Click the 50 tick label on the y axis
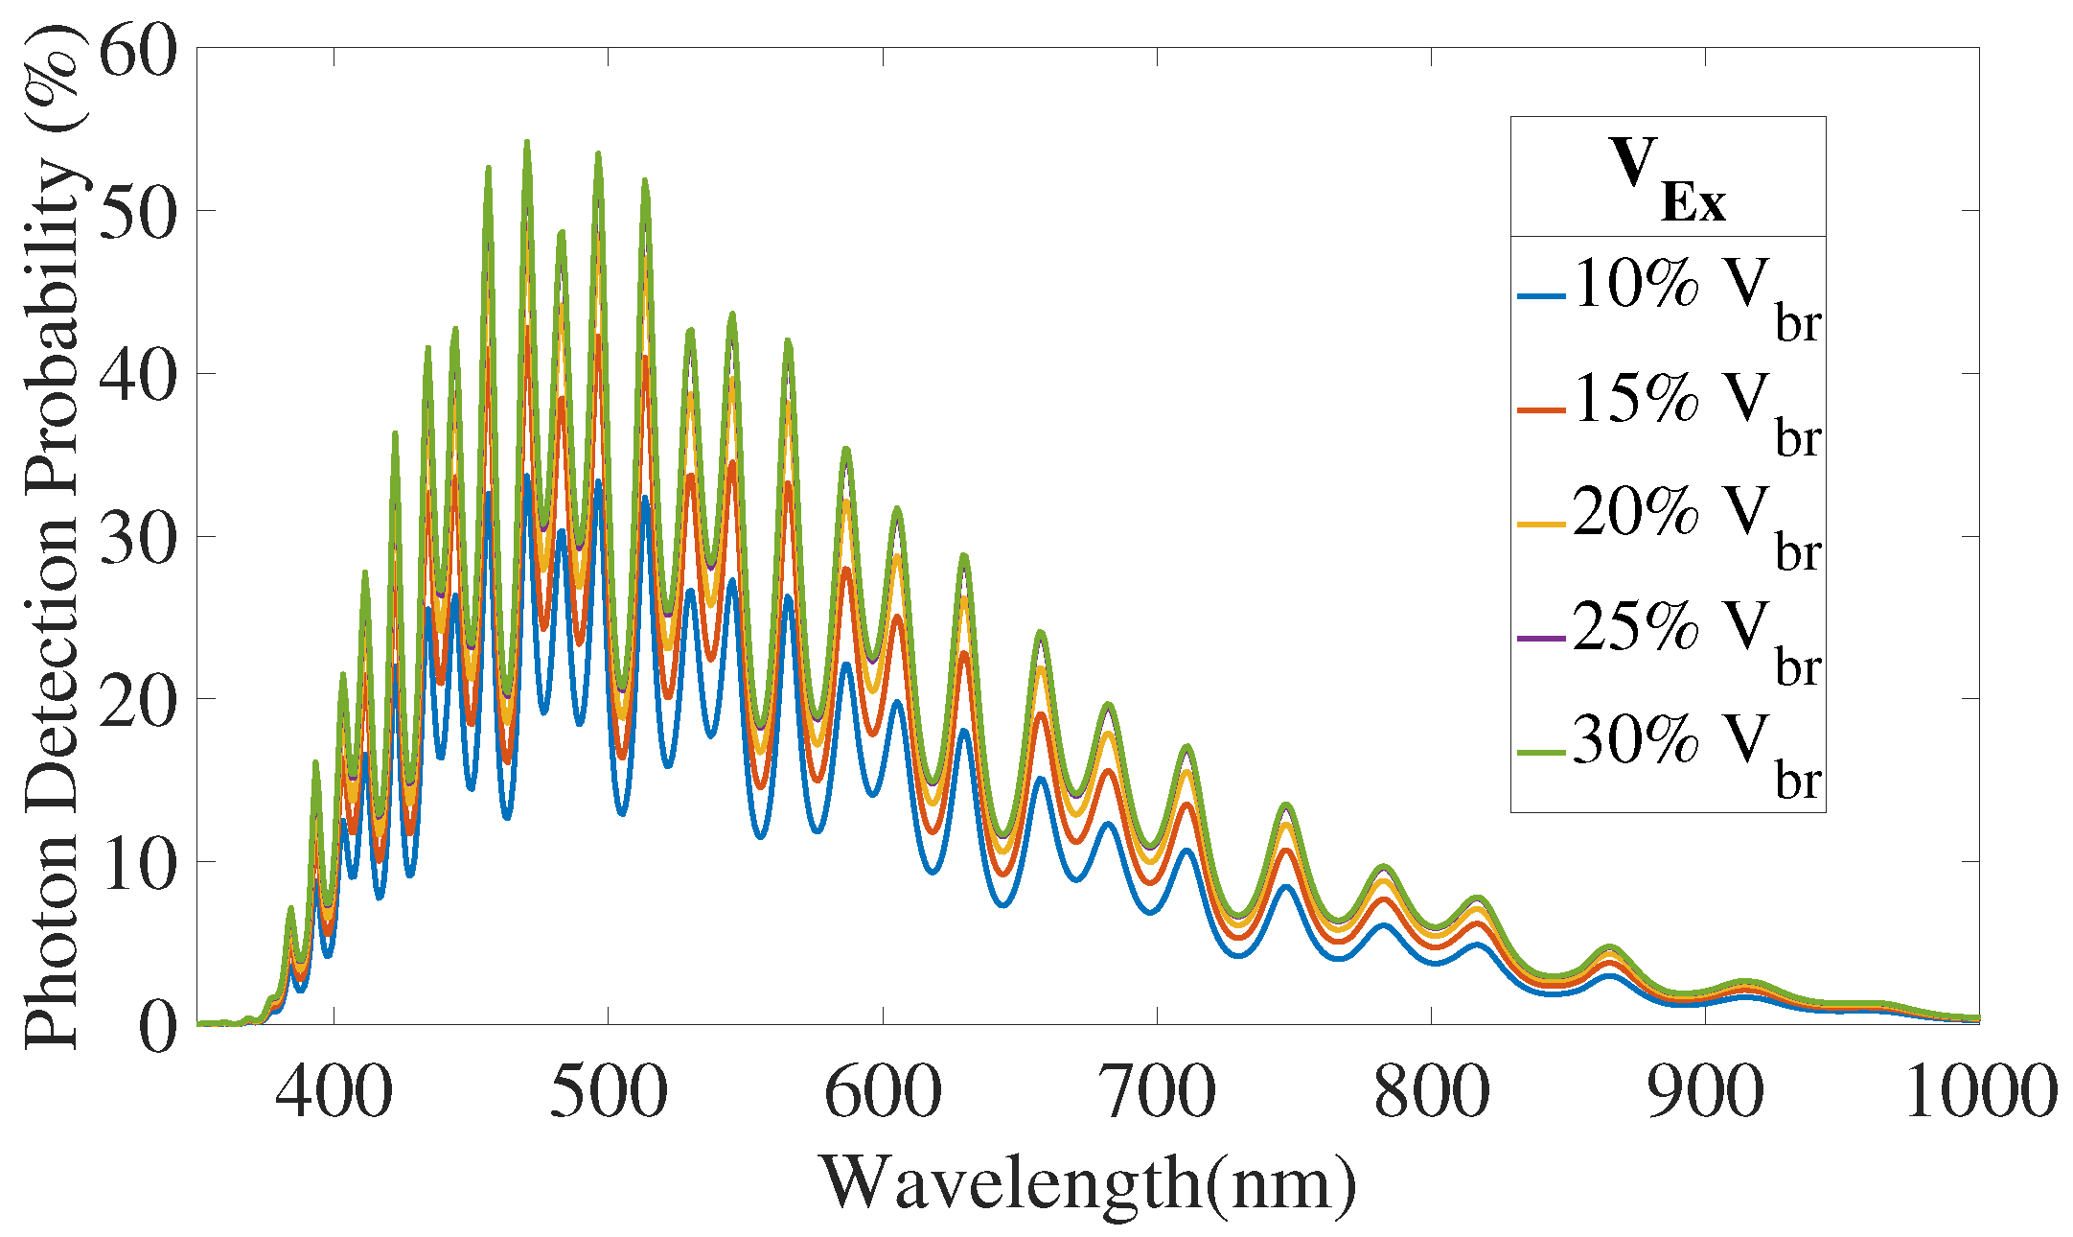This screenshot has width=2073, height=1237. (138, 210)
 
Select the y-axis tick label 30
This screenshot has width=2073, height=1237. (138, 536)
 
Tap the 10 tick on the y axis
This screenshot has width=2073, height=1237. (138, 862)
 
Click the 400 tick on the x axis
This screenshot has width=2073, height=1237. (334, 1093)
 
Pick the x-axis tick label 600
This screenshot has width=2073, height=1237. (882, 1093)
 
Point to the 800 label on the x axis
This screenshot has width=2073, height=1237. (1431, 1093)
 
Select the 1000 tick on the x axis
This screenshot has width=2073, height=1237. (1980, 1093)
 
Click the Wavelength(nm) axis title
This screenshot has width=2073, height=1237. (1088, 1184)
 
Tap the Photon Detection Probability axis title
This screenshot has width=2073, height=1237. (53, 537)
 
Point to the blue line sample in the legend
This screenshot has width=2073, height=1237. (1542, 296)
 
